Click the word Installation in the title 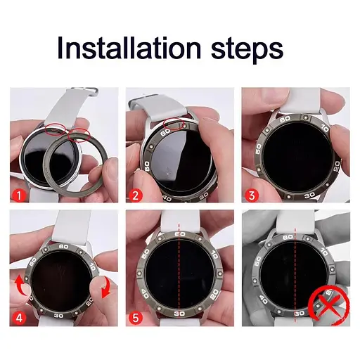[x=129, y=47]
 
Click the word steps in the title [x=247, y=50]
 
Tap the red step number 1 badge [x=19, y=195]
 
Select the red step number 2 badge [x=135, y=195]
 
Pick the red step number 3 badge [x=252, y=195]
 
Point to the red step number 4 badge [x=19, y=318]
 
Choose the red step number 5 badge [x=135, y=318]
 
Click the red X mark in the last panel [x=329, y=304]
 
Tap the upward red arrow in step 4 [x=22, y=286]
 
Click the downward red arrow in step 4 [x=105, y=288]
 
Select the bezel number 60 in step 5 [x=179, y=234]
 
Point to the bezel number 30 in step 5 [x=179, y=314]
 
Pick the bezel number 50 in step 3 [x=258, y=149]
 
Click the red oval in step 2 [x=174, y=124]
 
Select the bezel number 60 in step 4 [x=63, y=247]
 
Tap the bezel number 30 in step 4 [x=59, y=316]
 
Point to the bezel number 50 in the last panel [x=258, y=262]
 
